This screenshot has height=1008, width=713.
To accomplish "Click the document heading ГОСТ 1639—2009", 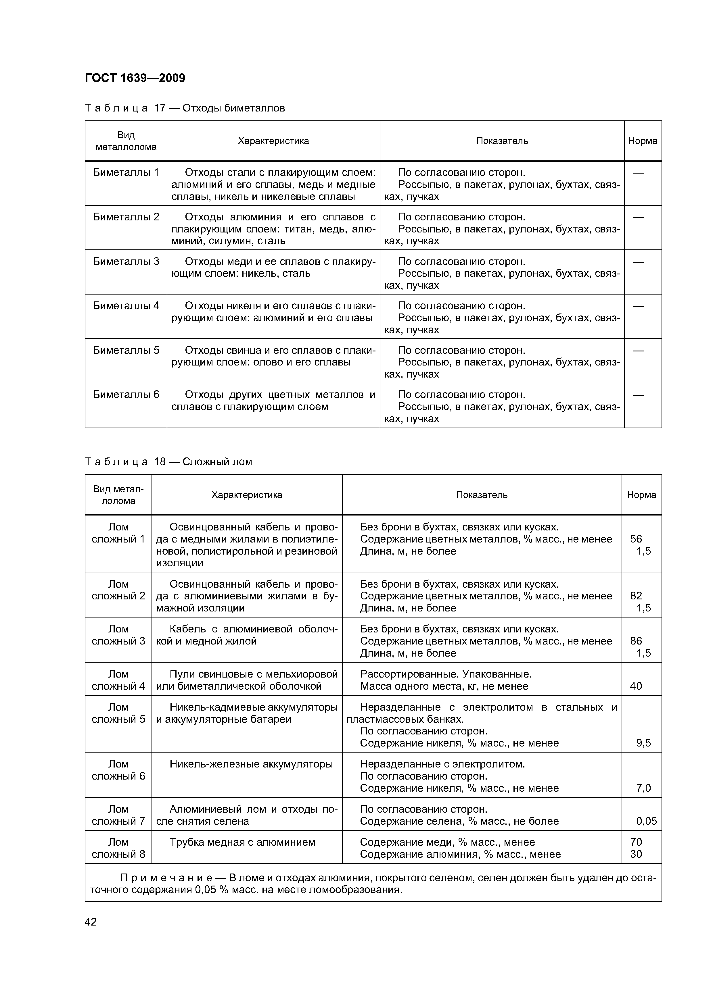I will point(135,78).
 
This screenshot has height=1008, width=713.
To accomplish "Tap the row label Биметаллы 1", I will point(126,172).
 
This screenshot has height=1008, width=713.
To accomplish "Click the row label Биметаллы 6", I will point(126,395).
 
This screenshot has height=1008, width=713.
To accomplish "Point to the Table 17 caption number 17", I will point(159,108).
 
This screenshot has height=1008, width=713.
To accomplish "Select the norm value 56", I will point(636,539).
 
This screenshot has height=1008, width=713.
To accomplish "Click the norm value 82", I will point(636,596).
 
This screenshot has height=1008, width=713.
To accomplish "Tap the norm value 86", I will point(636,641).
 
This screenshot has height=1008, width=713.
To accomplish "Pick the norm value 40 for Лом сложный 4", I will point(636,686).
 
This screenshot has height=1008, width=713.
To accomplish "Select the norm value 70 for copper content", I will point(636,842).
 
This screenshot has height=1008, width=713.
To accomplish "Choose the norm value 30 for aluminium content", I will point(636,854).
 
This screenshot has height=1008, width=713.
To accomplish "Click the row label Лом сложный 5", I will point(118,713).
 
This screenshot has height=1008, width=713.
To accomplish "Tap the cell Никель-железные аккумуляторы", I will point(251,764).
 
